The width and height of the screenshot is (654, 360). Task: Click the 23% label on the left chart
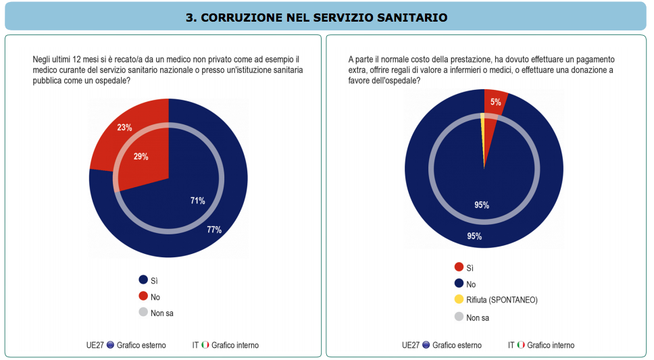click(x=124, y=128)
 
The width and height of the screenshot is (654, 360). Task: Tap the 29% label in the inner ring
click(x=141, y=157)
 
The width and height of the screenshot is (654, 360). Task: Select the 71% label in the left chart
click(x=197, y=201)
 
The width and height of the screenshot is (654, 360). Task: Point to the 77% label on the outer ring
click(x=214, y=230)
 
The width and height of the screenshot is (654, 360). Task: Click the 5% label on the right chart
click(x=496, y=103)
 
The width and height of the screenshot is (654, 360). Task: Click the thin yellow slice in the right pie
click(x=483, y=135)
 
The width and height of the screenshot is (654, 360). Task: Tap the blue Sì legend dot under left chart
click(x=143, y=280)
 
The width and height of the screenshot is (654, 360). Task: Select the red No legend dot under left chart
click(x=143, y=296)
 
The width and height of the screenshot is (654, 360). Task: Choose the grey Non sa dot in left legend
click(x=143, y=313)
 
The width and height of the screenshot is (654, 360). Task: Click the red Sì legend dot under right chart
click(x=459, y=267)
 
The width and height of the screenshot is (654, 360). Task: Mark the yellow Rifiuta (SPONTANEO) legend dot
click(x=459, y=299)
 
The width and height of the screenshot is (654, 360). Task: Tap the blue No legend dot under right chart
click(x=459, y=284)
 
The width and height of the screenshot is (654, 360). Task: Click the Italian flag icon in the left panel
click(x=205, y=345)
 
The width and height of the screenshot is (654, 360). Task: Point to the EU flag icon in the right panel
click(x=426, y=345)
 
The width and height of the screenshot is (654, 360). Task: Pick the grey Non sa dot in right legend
click(x=459, y=317)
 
